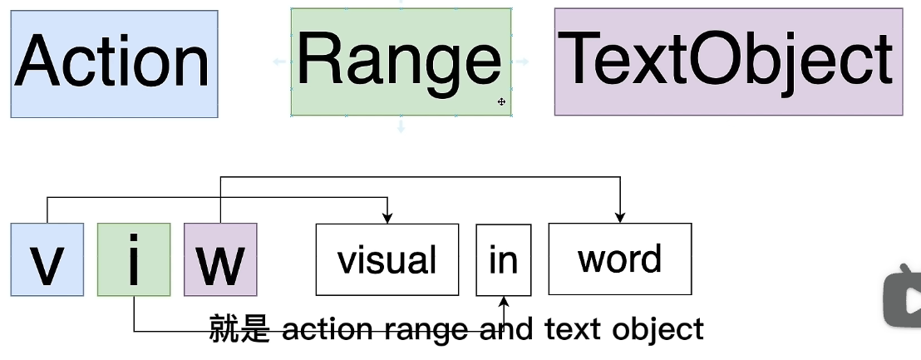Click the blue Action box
click(114, 63)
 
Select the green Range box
click(401, 62)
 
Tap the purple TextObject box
click(728, 62)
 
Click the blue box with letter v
click(47, 259)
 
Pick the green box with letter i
click(134, 259)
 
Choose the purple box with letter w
click(220, 259)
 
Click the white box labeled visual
click(387, 259)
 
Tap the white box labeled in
click(503, 259)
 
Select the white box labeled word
click(619, 259)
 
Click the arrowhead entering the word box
click(620, 218)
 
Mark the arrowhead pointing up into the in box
click(503, 301)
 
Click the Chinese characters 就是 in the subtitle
click(239, 329)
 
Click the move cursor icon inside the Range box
click(501, 101)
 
